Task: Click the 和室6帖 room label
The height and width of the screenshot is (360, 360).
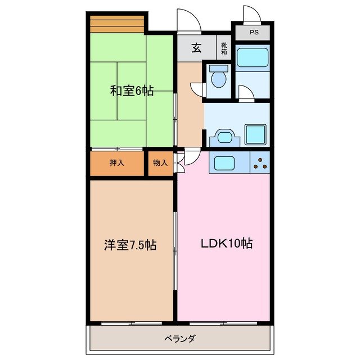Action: pyautogui.click(x=131, y=91)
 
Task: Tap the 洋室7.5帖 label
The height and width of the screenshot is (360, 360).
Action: pyautogui.click(x=130, y=245)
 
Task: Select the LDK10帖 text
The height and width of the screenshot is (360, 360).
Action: pyautogui.click(x=227, y=244)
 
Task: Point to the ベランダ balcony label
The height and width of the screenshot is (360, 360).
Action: pyautogui.click(x=180, y=339)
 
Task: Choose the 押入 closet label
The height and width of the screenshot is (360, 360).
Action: pyautogui.click(x=117, y=163)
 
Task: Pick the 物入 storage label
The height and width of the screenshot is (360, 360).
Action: pyautogui.click(x=160, y=163)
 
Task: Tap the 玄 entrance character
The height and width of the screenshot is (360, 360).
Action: pyautogui.click(x=196, y=48)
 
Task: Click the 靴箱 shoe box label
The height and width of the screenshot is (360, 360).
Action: pyautogui.click(x=224, y=48)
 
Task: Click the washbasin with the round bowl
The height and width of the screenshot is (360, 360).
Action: pyautogui.click(x=225, y=136)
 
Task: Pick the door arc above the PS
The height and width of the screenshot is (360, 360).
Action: pyautogui.click(x=250, y=15)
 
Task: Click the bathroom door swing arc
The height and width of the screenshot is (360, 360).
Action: pyautogui.click(x=245, y=92)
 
